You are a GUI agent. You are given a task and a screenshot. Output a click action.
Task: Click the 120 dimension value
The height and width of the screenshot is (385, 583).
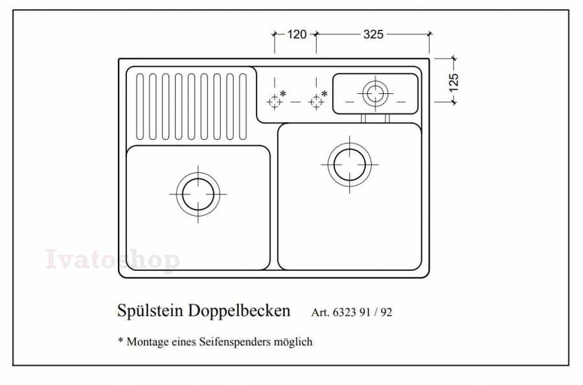pyautogui.click(x=297, y=34)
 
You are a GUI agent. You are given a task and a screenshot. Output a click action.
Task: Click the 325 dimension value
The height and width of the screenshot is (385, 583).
pyautogui.click(x=373, y=34)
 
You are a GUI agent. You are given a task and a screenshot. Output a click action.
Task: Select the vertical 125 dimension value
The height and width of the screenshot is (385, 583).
pyautogui.click(x=453, y=82)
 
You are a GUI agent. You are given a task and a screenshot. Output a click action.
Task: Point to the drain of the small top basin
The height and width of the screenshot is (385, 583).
pyautogui.click(x=375, y=93)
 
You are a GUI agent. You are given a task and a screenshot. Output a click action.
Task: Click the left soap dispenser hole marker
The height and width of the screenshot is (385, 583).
pyautogui.click(x=275, y=101)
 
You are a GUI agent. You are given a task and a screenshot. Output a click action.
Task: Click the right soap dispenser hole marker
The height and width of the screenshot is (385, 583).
pyautogui.click(x=316, y=101)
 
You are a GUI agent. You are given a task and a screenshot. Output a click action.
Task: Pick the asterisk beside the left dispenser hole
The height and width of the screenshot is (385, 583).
pyautogui.click(x=283, y=93)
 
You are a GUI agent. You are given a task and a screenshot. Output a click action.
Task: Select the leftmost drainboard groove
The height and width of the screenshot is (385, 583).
pyautogui.click(x=140, y=107)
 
